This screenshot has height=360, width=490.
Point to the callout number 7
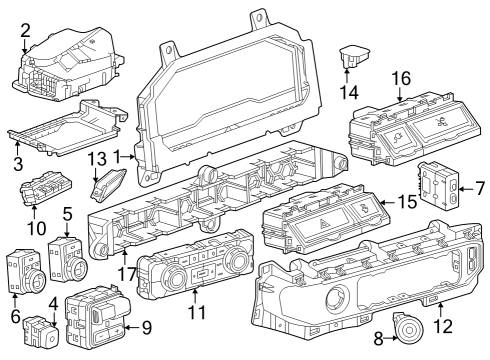[479, 186]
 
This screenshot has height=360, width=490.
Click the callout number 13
[96, 159]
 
